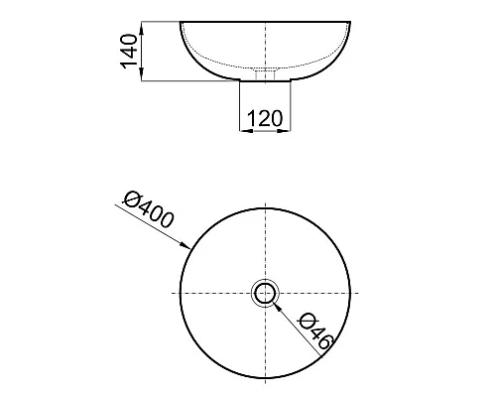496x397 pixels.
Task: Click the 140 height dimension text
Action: click(129, 52)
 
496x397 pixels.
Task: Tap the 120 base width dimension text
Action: click(265, 118)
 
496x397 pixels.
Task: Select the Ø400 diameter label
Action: click(148, 209)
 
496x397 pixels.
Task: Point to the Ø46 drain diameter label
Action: click(315, 331)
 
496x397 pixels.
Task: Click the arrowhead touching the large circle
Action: click(186, 245)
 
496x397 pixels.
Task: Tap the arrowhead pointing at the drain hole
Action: click(279, 308)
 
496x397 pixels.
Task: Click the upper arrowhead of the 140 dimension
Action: click(142, 28)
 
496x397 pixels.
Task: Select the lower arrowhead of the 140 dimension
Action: click(142, 74)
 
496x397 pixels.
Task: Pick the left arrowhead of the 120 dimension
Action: click(246, 131)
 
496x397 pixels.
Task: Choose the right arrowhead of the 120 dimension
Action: click(284, 131)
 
